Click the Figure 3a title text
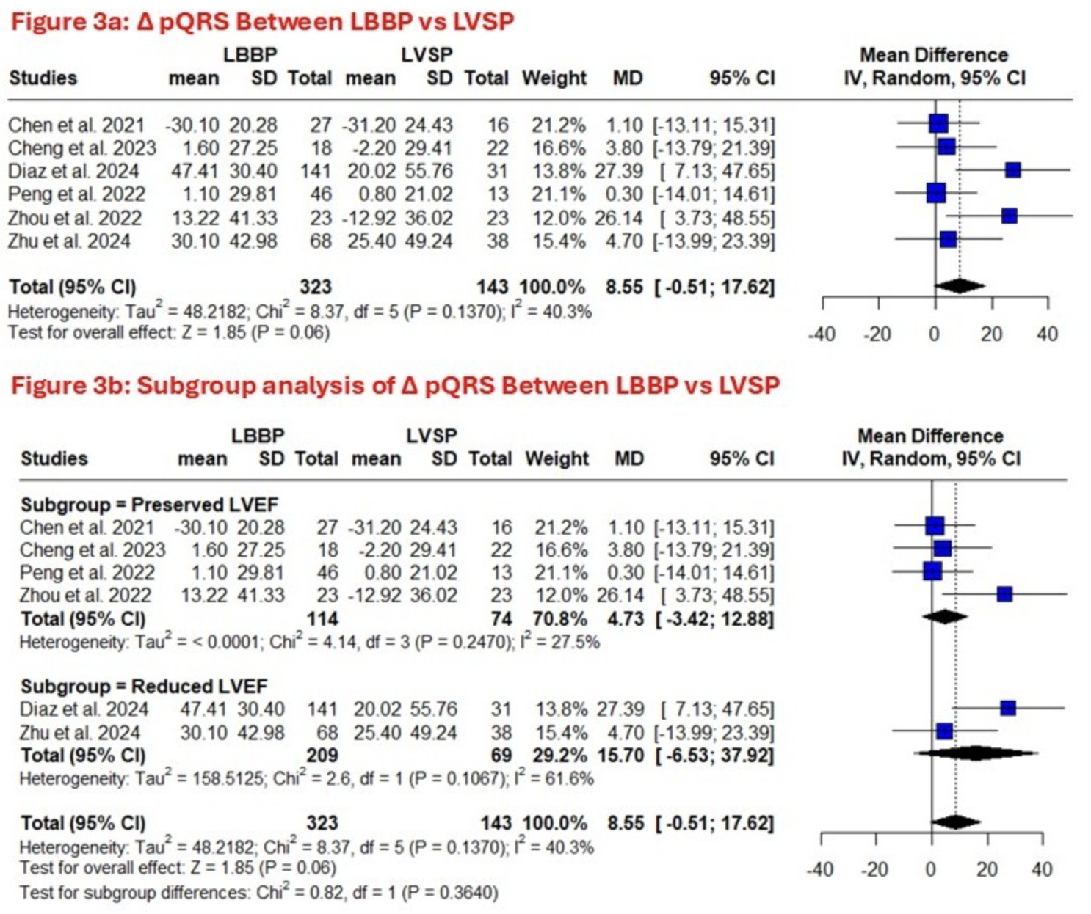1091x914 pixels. click(x=262, y=21)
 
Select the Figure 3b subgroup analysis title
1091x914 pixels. click(x=395, y=385)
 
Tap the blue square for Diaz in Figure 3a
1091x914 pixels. click(x=1013, y=170)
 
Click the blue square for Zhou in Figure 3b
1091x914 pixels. click(x=1004, y=594)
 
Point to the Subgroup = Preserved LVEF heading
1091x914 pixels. click(x=149, y=505)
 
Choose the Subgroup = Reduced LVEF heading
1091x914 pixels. click(x=144, y=686)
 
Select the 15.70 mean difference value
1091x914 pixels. click(x=621, y=755)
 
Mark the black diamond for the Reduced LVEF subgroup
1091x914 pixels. click(x=975, y=753)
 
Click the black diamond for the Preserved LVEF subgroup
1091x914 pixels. click(x=944, y=617)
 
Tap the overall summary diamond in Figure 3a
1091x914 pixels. click(x=959, y=286)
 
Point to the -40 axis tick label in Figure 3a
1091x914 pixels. click(x=821, y=334)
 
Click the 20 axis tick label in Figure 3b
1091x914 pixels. click(x=987, y=870)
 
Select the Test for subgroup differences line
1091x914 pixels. click(x=258, y=893)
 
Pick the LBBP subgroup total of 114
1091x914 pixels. click(x=322, y=618)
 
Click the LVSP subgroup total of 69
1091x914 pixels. click(x=501, y=755)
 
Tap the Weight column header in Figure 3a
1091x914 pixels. click(x=554, y=78)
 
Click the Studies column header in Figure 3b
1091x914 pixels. click(x=54, y=458)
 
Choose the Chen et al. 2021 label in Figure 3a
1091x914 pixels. click(x=77, y=125)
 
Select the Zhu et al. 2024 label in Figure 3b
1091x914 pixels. click(x=80, y=732)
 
